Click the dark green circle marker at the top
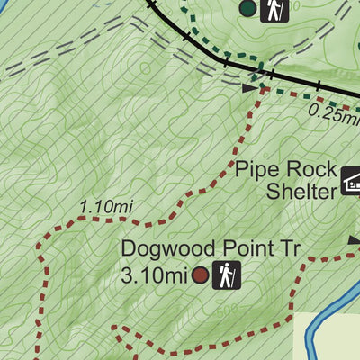tap(248, 9)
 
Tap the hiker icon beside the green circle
tap(274, 9)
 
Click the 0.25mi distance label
tap(333, 112)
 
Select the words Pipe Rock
tap(287, 170)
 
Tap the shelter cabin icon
tap(350, 184)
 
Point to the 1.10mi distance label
tap(106, 207)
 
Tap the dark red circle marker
tap(199, 274)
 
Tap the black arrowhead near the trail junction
tap(249, 88)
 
